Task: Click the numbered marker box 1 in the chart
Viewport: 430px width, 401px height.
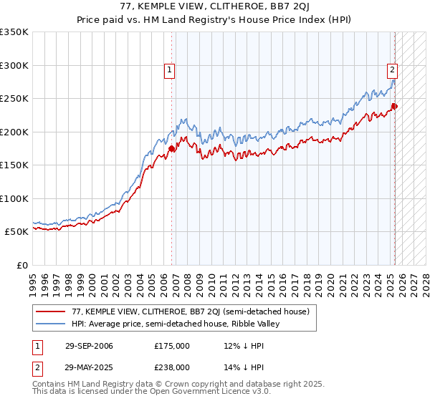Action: pos(169,70)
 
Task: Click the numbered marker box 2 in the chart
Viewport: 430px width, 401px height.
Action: pos(393,70)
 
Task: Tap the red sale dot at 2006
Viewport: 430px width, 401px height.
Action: pos(172,148)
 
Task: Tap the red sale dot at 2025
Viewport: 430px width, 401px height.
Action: pos(395,107)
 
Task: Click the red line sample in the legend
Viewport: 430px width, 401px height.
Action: pos(51,311)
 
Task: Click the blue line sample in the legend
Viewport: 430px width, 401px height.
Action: pos(51,324)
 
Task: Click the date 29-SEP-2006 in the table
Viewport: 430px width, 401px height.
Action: pos(89,347)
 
